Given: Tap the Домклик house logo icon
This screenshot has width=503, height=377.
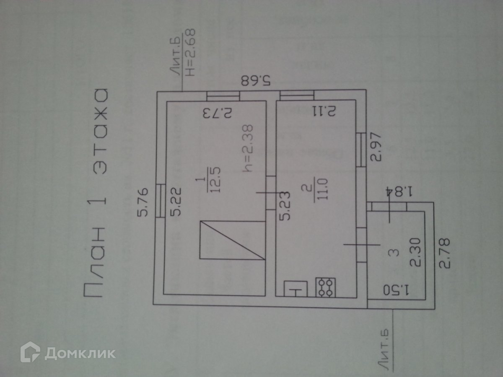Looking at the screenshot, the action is [x=31, y=352].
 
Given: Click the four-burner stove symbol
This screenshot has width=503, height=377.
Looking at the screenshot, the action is [x=326, y=288].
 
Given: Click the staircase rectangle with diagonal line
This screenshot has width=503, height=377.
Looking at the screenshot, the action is [x=232, y=240].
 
